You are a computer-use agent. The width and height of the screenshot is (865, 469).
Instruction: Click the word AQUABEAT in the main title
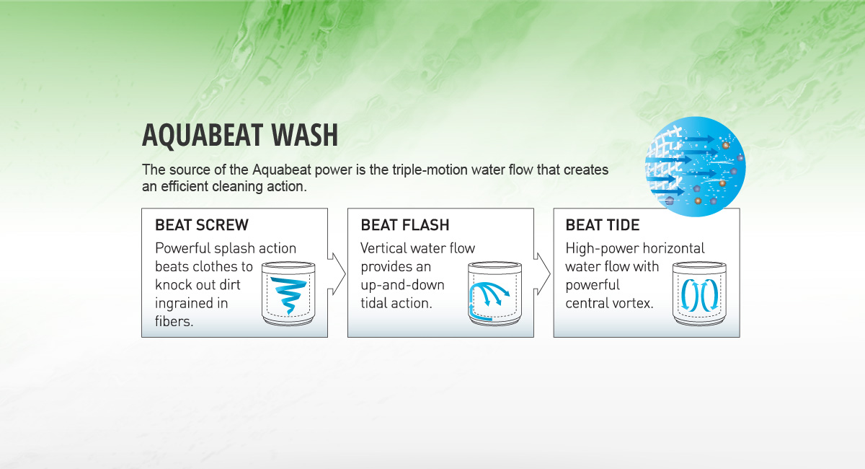pyautogui.click(x=203, y=136)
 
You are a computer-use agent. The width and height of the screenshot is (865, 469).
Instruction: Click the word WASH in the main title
pyautogui.click(x=305, y=135)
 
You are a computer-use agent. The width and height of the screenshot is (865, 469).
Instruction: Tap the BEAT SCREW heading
pyautogui.click(x=202, y=224)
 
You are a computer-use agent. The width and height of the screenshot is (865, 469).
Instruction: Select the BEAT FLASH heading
pyautogui.click(x=405, y=224)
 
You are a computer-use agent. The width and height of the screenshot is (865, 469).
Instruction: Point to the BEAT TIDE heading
pyautogui.click(x=603, y=224)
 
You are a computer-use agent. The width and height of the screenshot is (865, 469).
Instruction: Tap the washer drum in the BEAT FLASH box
pyautogui.click(x=494, y=294)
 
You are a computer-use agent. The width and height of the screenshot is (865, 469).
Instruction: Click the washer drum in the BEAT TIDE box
pyautogui.click(x=699, y=294)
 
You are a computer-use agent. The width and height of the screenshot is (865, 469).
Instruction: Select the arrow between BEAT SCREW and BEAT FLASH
pyautogui.click(x=337, y=273)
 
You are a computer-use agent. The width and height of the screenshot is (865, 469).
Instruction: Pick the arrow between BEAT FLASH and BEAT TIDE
pyautogui.click(x=543, y=273)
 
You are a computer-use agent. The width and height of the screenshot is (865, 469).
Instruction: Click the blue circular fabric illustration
pyautogui.click(x=696, y=167)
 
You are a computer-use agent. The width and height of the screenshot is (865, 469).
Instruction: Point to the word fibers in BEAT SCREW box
pyautogui.click(x=174, y=321)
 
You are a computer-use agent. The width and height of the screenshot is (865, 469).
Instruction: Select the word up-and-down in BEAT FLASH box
pyautogui.click(x=402, y=285)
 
